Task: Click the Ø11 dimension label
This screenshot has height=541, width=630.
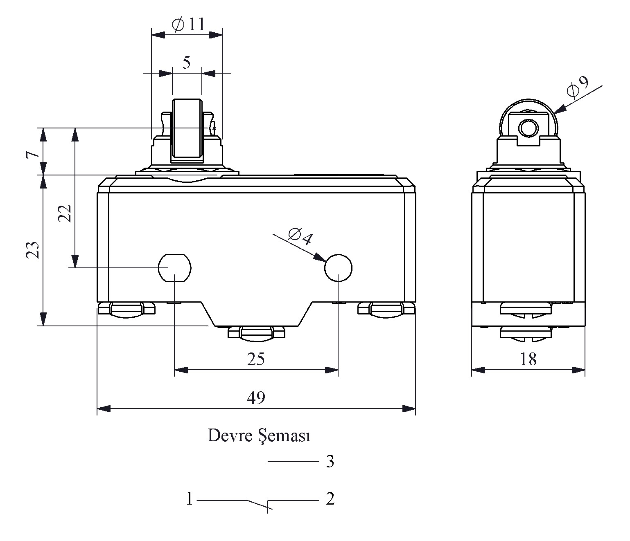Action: coord(188,24)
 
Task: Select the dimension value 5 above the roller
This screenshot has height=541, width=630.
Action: coord(187,63)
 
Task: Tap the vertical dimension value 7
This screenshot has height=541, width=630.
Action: coord(32,155)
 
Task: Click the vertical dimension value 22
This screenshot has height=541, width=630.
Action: coord(65,213)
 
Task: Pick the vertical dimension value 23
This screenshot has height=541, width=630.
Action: coord(32,250)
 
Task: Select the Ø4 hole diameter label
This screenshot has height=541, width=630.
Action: coord(300,236)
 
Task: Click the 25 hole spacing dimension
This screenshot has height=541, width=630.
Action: coord(256,359)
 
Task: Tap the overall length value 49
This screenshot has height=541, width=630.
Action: coord(256,397)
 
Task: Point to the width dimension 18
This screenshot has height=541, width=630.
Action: coord(528,359)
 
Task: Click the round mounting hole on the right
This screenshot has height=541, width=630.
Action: coord(338,268)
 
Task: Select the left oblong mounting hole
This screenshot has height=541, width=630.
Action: coord(175,268)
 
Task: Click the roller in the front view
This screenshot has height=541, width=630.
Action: coord(187,130)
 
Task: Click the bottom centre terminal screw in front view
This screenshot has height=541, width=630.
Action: coord(257,333)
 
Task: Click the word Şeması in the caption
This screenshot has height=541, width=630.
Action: coord(285,436)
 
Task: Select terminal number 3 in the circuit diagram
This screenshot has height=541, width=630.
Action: coord(330,462)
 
